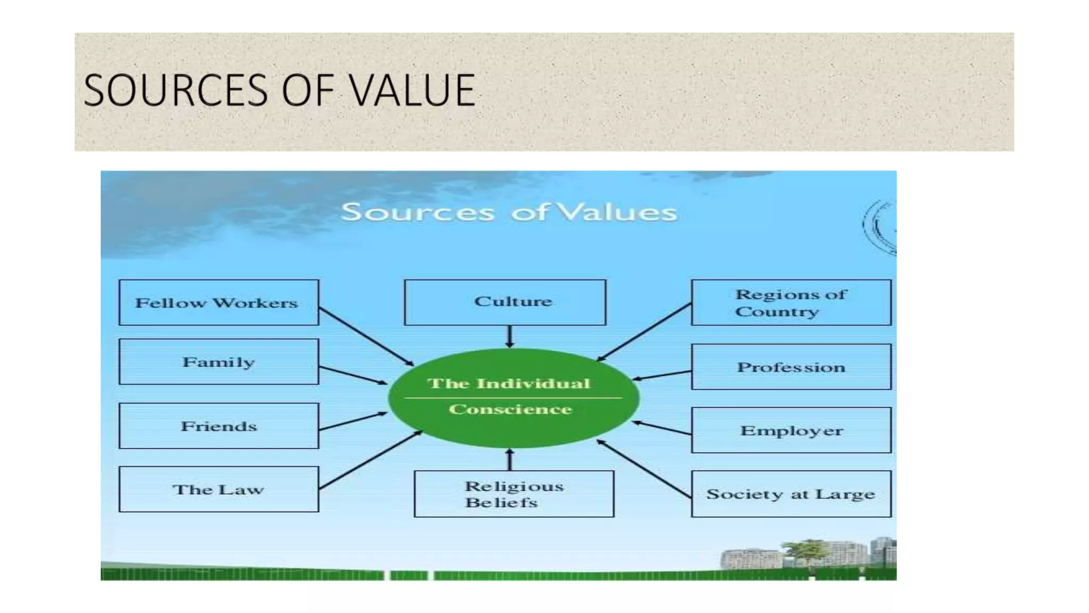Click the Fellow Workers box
coord(219,302)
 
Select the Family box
coord(219,362)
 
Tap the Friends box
coord(219,426)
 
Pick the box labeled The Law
coord(219,489)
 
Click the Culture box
coord(505,302)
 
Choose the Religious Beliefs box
coord(514,493)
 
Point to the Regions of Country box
coord(791,302)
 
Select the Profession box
coord(791,367)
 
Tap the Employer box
coord(791,430)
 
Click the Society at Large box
coord(791,493)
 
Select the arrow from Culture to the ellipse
coord(509,336)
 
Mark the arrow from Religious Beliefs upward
coord(509,460)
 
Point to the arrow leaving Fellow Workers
coord(366,336)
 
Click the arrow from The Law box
coord(370,460)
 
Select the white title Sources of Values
coord(509,212)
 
